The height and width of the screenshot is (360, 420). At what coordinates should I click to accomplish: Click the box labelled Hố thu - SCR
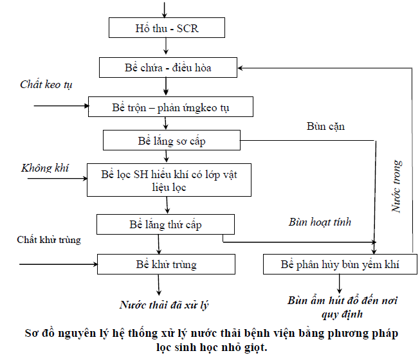coord(167,28)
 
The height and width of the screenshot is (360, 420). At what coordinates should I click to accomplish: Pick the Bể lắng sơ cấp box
coord(171,141)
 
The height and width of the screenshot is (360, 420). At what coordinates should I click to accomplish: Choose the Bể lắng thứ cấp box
coord(166,224)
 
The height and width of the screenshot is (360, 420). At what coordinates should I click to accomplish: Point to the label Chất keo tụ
coord(46,85)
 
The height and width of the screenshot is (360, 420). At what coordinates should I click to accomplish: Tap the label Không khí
coord(45,168)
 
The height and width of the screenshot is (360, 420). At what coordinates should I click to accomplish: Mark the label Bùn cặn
coord(325,126)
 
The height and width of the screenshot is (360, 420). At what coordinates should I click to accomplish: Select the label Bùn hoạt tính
coord(320,222)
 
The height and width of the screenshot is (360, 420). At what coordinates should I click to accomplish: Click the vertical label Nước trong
coord(397,186)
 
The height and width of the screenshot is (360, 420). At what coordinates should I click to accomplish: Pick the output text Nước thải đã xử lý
coord(165,305)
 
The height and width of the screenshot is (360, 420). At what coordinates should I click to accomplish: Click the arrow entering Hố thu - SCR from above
coord(166,10)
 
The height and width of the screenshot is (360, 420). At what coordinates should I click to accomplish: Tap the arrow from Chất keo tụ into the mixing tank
coord(55,105)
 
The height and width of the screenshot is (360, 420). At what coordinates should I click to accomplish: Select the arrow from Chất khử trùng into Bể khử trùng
coord(58,264)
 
